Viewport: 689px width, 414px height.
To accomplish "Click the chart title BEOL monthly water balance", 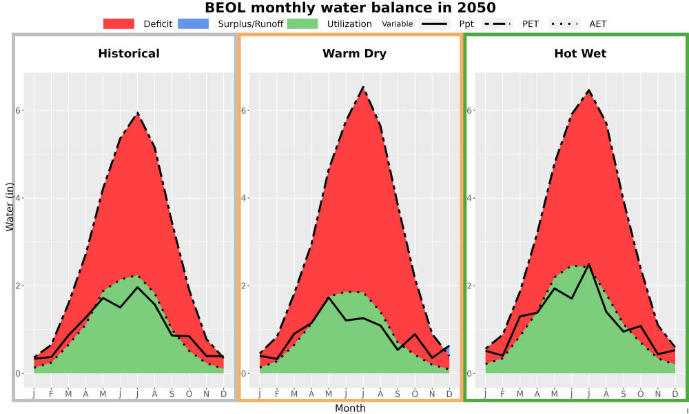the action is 350,8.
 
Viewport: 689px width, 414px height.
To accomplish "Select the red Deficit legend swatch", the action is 119,23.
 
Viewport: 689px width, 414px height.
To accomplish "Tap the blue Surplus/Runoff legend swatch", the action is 194,23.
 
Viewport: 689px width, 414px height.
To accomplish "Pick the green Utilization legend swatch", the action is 302,23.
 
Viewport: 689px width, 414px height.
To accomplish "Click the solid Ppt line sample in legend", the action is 434,23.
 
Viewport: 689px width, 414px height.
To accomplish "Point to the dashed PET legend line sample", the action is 497,23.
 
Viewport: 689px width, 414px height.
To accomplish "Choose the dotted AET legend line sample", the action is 564,23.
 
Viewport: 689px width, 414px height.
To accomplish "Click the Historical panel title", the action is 129,54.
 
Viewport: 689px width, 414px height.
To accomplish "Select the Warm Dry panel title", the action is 355,54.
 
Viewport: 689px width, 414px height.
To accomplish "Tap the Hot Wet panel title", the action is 580,54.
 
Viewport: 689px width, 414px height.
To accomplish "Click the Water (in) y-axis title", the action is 10,208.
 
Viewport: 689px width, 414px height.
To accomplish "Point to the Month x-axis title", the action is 350,408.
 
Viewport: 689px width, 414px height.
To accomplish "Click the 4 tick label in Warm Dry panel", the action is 244,198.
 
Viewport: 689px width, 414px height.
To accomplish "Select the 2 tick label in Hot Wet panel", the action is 470,286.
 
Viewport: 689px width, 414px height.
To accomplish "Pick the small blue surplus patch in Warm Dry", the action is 447,351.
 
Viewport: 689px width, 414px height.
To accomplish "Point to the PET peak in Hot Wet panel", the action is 589,90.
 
